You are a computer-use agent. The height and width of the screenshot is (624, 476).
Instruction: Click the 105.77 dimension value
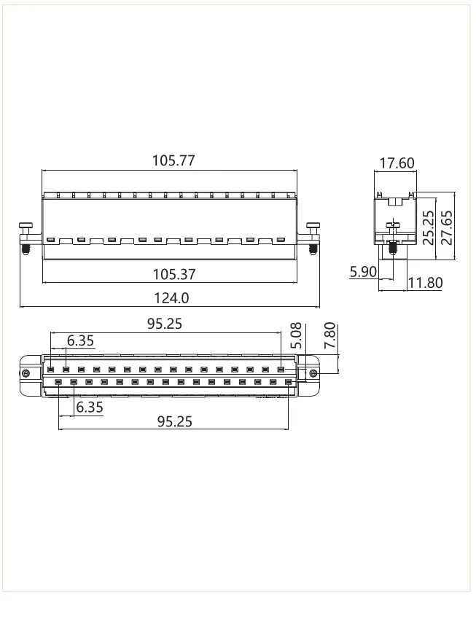(x=173, y=160)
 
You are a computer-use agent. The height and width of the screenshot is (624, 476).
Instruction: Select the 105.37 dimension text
(x=173, y=274)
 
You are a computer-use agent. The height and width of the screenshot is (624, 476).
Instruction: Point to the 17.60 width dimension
(x=396, y=163)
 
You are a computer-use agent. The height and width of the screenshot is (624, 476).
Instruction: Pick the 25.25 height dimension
(x=429, y=227)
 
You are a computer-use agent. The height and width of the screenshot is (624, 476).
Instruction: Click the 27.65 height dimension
(x=447, y=227)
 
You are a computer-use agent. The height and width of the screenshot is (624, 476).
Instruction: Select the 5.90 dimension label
(x=362, y=272)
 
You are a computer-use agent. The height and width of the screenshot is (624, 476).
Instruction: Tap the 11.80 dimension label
(x=424, y=282)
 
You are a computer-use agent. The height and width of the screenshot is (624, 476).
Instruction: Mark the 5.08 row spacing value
(x=295, y=337)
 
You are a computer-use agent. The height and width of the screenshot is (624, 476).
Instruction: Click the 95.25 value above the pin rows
(x=165, y=324)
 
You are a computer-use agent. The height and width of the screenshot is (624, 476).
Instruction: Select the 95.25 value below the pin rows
(x=175, y=421)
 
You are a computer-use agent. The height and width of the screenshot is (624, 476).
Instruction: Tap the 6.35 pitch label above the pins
(x=80, y=340)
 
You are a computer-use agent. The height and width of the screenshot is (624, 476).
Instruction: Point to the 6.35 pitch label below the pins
(x=90, y=407)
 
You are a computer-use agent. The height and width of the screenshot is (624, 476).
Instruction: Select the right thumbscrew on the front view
(x=313, y=238)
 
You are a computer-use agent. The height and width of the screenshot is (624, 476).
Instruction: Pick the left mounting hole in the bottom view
(x=27, y=374)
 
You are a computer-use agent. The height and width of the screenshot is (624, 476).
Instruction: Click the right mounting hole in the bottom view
(x=313, y=374)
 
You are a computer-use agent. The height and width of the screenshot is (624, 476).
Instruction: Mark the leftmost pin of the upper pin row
(x=50, y=370)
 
